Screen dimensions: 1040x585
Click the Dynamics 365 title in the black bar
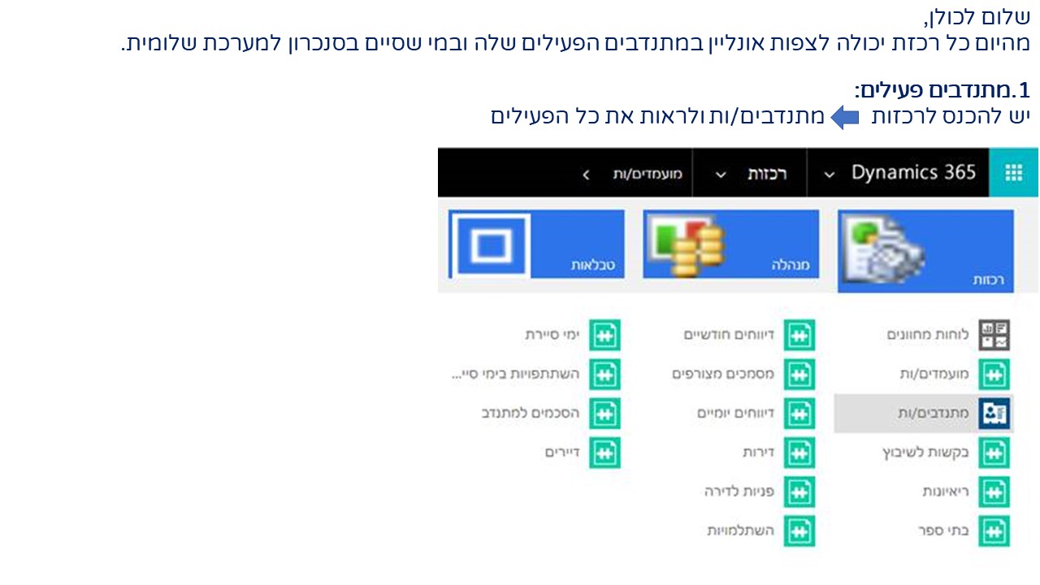pyautogui.click(x=913, y=173)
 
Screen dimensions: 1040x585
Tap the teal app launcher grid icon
pyautogui.click(x=1013, y=173)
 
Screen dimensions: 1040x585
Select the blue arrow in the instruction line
pyautogui.click(x=844, y=118)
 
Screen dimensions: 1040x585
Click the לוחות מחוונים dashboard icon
pyautogui.click(x=994, y=335)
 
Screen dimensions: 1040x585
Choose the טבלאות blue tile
pyautogui.click(x=536, y=245)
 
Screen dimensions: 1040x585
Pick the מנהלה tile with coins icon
pyautogui.click(x=730, y=245)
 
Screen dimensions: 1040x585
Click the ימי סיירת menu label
pyautogui.click(x=552, y=335)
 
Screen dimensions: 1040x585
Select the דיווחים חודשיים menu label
pyautogui.click(x=729, y=335)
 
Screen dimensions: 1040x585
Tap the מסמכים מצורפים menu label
pyautogui.click(x=723, y=374)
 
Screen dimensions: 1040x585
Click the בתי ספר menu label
pyautogui.click(x=943, y=531)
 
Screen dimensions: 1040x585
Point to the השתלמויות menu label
pyautogui.click(x=740, y=531)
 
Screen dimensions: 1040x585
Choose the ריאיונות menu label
pyautogui.click(x=946, y=492)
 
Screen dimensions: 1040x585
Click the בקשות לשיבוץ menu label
pyautogui.click(x=925, y=453)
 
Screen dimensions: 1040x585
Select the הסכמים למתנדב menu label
pyautogui.click(x=531, y=414)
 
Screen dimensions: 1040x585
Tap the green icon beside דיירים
pyautogui.click(x=605, y=453)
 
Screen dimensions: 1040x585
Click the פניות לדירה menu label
pyautogui.click(x=739, y=492)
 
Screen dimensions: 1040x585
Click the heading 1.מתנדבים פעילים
pyautogui.click(x=942, y=90)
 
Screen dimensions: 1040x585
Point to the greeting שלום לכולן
pyautogui.click(x=977, y=18)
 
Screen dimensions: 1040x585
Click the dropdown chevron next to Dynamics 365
pyautogui.click(x=830, y=175)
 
